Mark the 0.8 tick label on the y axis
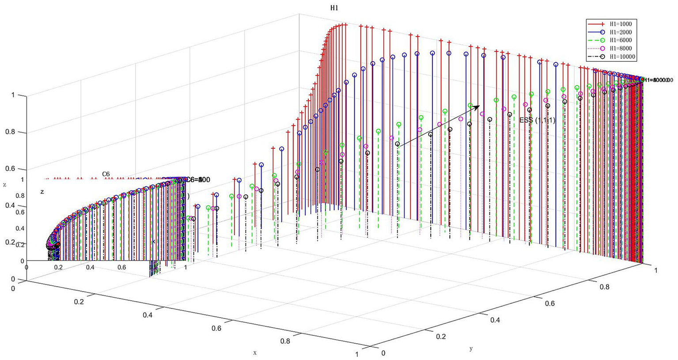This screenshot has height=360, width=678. click(603, 287)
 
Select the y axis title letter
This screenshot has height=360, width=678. click(471, 349)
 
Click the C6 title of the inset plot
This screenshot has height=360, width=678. click(106, 174)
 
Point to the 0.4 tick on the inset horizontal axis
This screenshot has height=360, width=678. click(90, 267)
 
